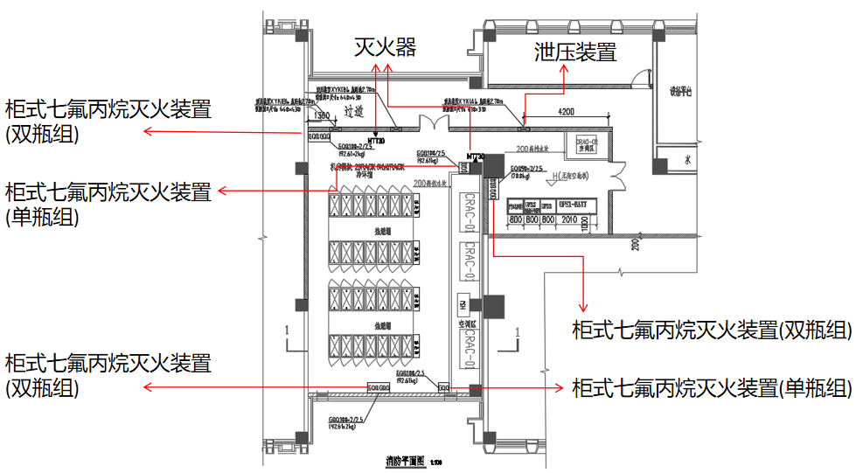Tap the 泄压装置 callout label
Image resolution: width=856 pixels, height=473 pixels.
(x=575, y=52)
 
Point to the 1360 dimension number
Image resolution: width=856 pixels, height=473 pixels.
(x=321, y=115)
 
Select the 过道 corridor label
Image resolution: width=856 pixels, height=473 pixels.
(x=352, y=112)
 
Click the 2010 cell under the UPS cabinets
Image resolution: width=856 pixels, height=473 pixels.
(x=571, y=219)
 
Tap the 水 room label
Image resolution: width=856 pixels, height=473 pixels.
(x=688, y=161)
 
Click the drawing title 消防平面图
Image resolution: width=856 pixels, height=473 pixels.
(x=404, y=461)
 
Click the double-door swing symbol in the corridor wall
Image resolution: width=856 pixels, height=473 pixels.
(x=430, y=122)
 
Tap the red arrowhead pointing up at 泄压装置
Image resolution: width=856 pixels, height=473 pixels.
(x=565, y=72)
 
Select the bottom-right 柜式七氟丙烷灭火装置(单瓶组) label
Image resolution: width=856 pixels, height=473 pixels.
(x=709, y=386)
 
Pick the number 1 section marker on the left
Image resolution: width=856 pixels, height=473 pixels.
(x=286, y=331)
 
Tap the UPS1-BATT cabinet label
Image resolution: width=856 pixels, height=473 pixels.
(x=578, y=205)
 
